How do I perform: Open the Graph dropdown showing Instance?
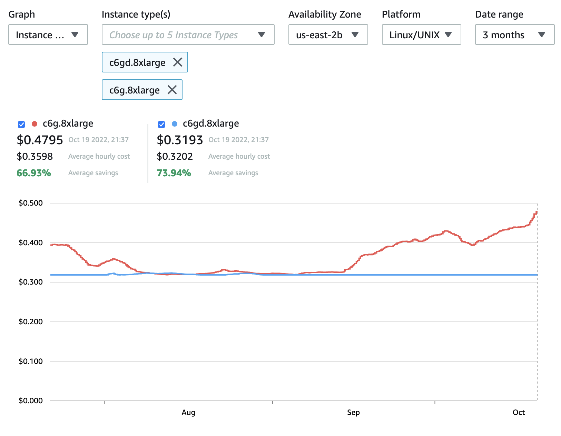coord(48,34)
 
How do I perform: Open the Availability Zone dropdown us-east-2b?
coord(328,34)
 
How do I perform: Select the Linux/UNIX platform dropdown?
coord(421,34)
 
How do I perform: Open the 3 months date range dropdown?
coord(514,34)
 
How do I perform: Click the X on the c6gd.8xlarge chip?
coord(178,62)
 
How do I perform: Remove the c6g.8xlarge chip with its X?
coord(172,90)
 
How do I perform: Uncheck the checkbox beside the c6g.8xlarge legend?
coord(21,124)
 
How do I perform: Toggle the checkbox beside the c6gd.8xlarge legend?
coord(161,124)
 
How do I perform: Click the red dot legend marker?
coord(34,124)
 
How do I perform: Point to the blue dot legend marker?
coord(175,124)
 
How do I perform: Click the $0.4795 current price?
coord(40,140)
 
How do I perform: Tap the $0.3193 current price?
coord(180,140)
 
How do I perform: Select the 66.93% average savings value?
coord(34,173)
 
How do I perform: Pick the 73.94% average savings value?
coord(174,173)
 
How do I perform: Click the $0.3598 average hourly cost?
coord(35,156)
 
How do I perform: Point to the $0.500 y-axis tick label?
coord(31,203)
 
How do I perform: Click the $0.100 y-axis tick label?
coord(31,361)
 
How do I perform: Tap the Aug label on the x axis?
coord(188,412)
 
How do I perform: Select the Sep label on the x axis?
coord(353,412)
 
